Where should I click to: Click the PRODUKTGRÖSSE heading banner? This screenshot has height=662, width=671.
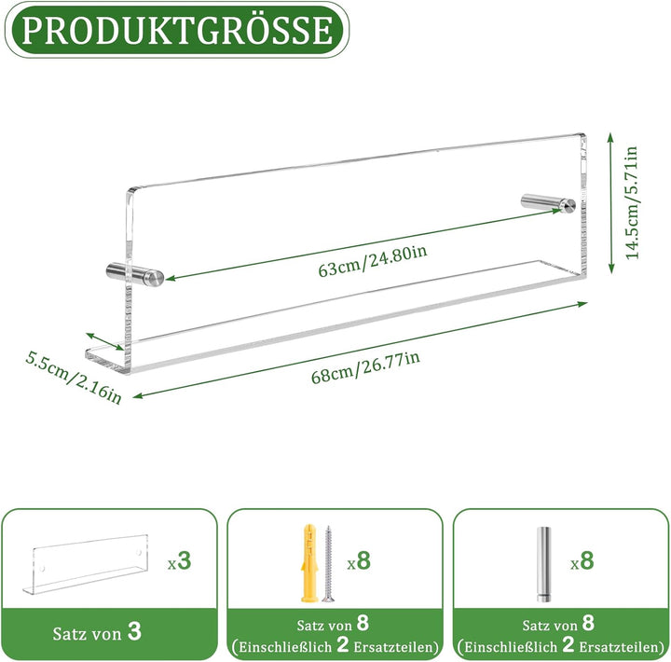tap(177, 30)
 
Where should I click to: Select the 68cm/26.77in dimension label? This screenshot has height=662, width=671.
tap(365, 367)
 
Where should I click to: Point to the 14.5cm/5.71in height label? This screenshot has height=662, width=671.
tap(632, 202)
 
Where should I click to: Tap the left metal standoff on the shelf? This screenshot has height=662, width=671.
tap(135, 274)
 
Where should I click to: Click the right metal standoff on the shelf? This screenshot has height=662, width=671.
tap(548, 203)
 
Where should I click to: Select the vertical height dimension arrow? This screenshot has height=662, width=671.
tap(611, 203)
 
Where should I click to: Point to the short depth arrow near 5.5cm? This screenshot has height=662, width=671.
tap(104, 341)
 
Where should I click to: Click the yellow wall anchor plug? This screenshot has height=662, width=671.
tap(309, 562)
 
